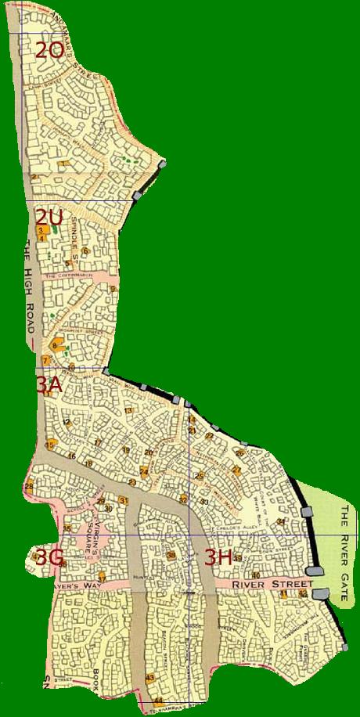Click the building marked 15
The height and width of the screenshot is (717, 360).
50,445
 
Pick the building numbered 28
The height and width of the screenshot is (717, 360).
29,487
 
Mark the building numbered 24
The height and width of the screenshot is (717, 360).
144,471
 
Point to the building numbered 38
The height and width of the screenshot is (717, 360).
171,555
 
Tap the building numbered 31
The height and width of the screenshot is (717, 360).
124,500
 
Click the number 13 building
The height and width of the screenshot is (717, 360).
128,410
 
